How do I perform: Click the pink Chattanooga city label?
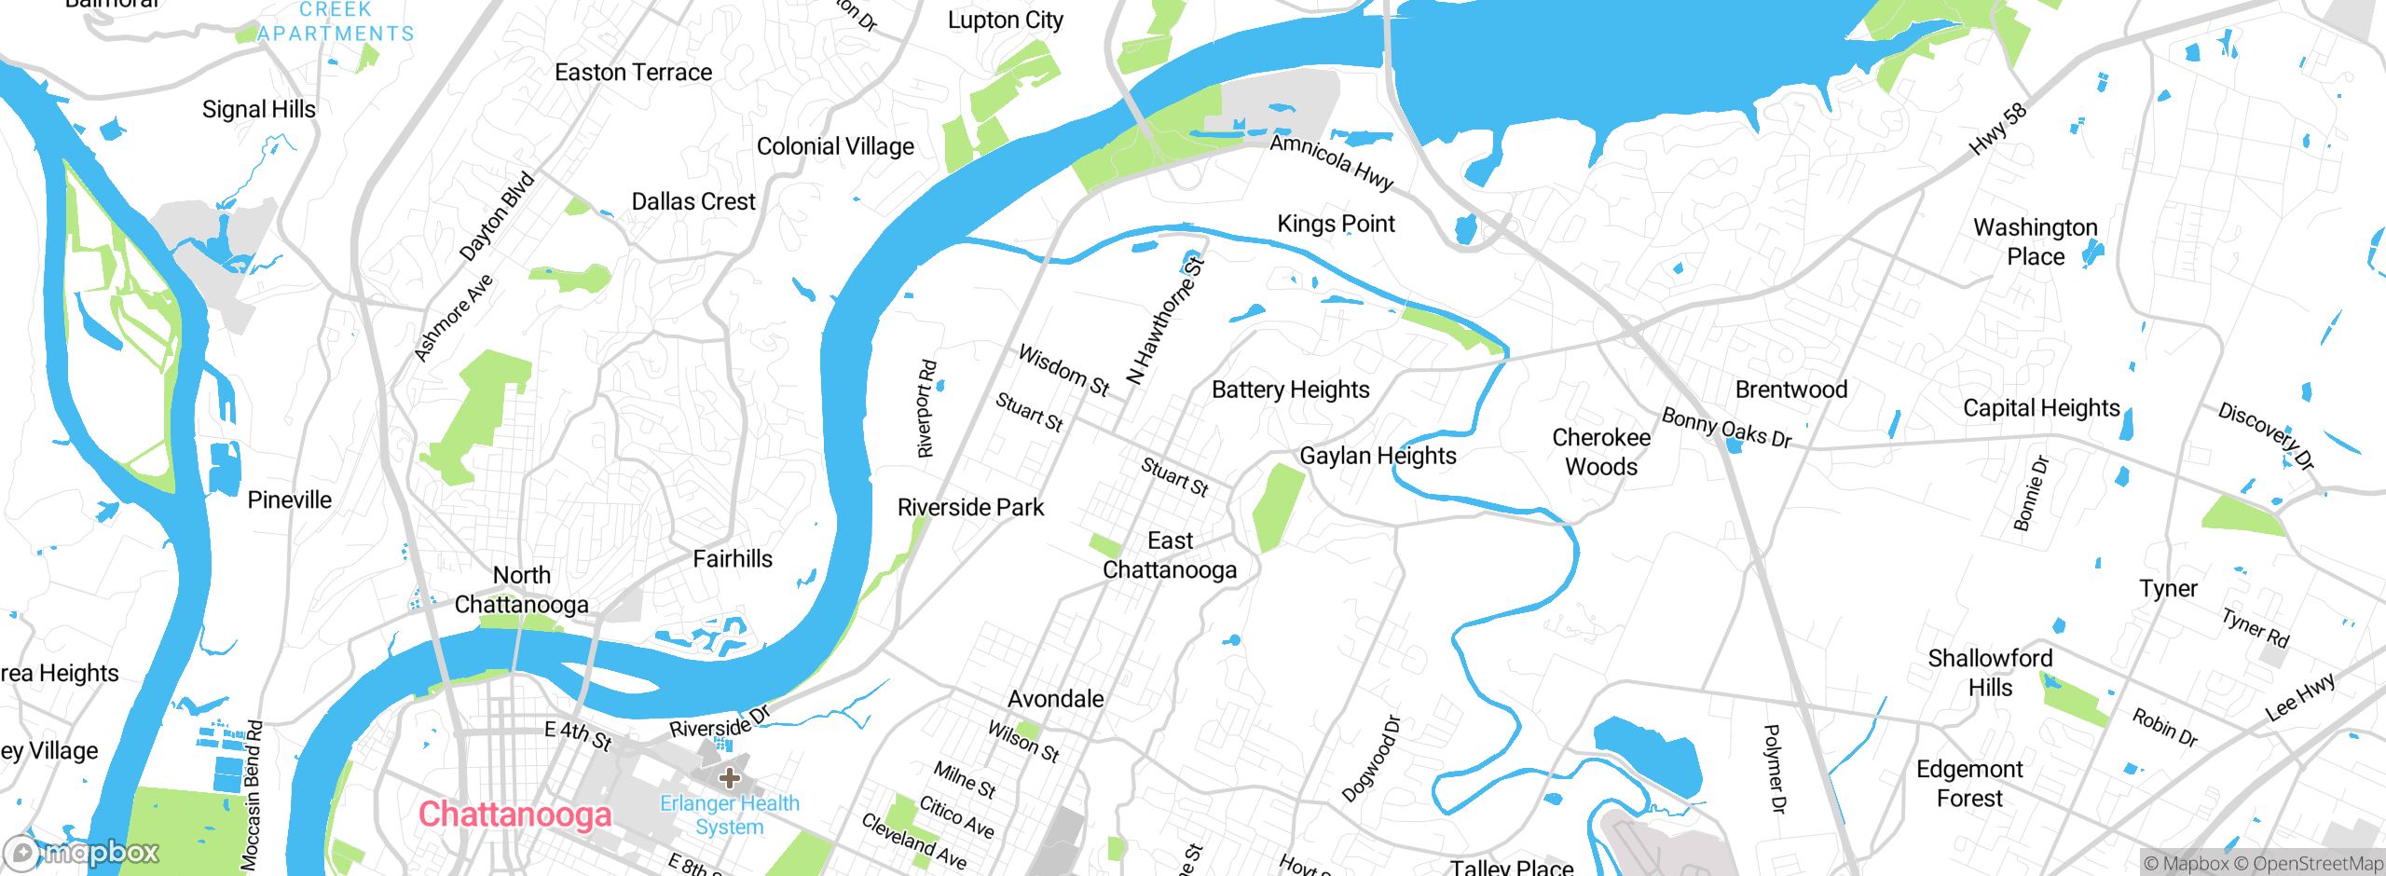pos(514,814)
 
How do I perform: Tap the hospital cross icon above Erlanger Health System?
pos(730,777)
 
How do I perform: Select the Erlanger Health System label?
pos(730,814)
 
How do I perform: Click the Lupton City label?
pos(1005,21)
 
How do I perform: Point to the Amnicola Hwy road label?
pos(1331,162)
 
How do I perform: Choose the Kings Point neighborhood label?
pos(1336,224)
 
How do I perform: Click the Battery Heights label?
pos(1290,390)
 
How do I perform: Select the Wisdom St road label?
pos(1063,370)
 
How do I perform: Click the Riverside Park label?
pos(970,507)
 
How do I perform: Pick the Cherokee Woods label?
pos(1600,452)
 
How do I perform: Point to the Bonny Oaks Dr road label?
pos(1726,428)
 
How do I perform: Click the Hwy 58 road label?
pos(1997,130)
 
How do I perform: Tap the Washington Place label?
pos(2036,241)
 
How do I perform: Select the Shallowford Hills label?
pos(1990,673)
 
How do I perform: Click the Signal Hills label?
pos(259,109)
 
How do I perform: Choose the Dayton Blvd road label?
pos(497,216)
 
